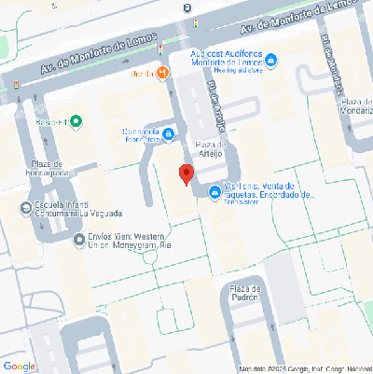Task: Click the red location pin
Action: pos(186,173)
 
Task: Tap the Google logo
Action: pos(20,366)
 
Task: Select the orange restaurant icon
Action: pos(164,72)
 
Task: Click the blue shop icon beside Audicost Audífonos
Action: pos(270,62)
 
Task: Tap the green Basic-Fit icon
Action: pos(76,121)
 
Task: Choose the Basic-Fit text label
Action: pos(50,121)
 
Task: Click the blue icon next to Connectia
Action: pos(168,135)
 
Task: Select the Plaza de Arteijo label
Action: pos(213,149)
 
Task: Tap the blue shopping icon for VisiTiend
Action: pos(215,193)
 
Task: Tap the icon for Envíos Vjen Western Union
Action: pos(79,240)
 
